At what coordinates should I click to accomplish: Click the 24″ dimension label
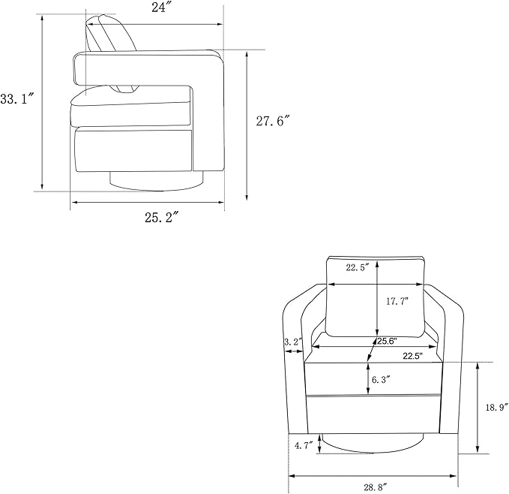tap(159, 8)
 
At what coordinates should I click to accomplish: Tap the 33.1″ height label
tap(17, 98)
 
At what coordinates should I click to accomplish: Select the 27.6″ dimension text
tap(272, 121)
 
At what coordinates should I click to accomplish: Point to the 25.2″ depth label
tap(161, 218)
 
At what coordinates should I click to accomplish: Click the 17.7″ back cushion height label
tap(397, 301)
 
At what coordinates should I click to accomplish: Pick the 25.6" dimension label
tap(388, 341)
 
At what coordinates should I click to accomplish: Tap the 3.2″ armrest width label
tap(293, 342)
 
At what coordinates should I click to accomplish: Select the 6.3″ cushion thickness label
tap(381, 379)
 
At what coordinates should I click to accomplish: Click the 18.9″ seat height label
tap(497, 407)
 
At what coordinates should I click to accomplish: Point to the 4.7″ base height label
tap(304, 445)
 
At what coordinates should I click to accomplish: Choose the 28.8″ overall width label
tap(376, 487)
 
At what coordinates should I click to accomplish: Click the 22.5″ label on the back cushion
tap(358, 268)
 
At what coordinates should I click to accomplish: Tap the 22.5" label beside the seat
tap(413, 356)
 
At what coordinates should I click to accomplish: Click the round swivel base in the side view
tap(156, 181)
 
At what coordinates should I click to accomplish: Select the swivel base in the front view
tap(372, 443)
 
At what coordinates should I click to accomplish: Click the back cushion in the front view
tap(376, 297)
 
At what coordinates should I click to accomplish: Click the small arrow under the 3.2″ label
tap(293, 351)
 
